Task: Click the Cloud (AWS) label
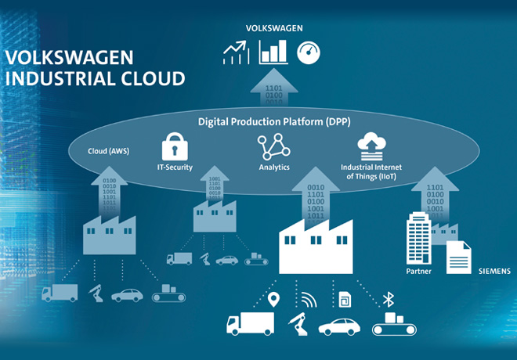click(x=109, y=151)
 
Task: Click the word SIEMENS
click(x=495, y=271)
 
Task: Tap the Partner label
click(x=419, y=271)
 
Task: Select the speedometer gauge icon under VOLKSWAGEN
click(x=309, y=52)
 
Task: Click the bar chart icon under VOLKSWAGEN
click(x=273, y=52)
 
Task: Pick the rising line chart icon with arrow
click(x=235, y=53)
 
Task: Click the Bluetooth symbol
click(x=387, y=298)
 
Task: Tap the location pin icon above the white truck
click(x=273, y=298)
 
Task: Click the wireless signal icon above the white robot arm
click(x=307, y=298)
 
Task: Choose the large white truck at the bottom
click(x=250, y=323)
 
